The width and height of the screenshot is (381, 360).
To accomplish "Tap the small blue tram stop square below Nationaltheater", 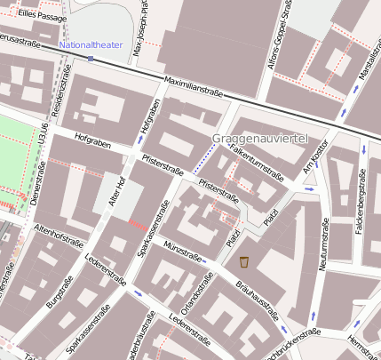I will (91, 59).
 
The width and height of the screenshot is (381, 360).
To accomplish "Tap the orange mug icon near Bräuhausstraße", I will (243, 262).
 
